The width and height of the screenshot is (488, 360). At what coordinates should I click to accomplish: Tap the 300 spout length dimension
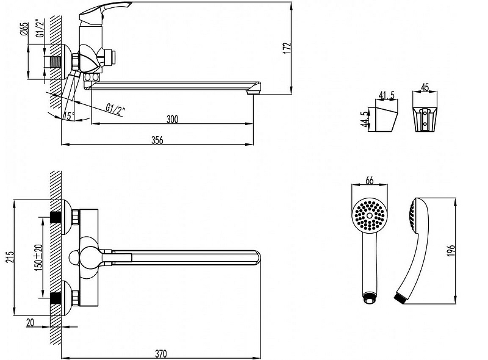[172, 120]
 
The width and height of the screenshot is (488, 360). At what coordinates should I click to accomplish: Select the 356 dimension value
[157, 140]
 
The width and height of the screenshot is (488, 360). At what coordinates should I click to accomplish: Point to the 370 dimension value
[161, 353]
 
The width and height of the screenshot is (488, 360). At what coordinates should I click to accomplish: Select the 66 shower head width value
[369, 179]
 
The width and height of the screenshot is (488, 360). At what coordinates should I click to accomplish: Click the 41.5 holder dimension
[385, 95]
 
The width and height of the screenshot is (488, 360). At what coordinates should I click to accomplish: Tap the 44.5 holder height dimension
[364, 118]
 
